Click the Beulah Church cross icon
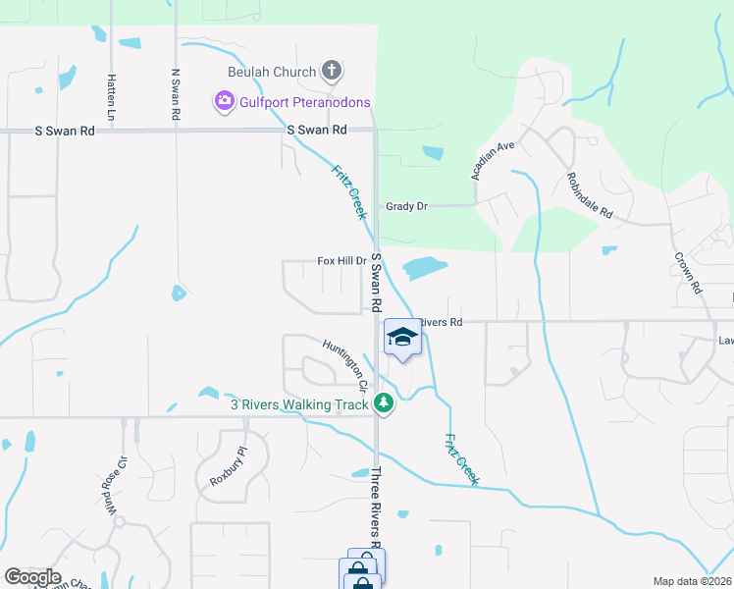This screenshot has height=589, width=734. pyautogui.click(x=333, y=72)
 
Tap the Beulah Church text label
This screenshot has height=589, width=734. pyautogui.click(x=272, y=72)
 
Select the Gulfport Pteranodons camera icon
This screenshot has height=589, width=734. pyautogui.click(x=224, y=100)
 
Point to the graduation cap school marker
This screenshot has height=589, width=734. pyautogui.click(x=401, y=338)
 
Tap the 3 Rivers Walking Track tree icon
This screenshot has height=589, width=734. pyautogui.click(x=384, y=403)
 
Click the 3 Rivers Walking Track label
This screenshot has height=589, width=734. pyautogui.click(x=299, y=403)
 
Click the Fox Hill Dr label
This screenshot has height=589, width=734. pyautogui.click(x=341, y=261)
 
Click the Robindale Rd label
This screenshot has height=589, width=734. pyautogui.click(x=589, y=196)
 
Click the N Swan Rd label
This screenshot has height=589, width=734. pyautogui.click(x=176, y=94)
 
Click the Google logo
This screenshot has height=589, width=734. pyautogui.click(x=32, y=577)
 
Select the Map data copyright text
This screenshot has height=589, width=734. pyautogui.click(x=692, y=581)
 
